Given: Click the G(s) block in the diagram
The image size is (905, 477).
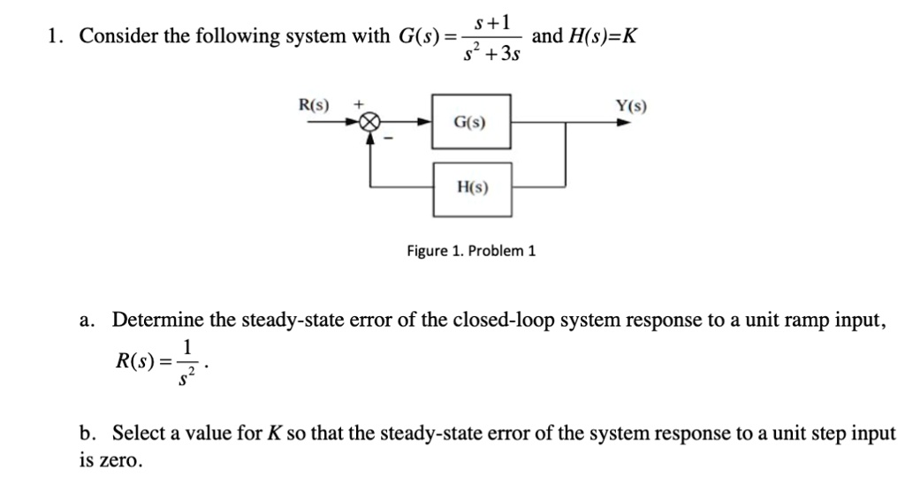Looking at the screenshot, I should [470, 123].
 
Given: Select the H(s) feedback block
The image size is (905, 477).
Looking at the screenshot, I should [471, 188].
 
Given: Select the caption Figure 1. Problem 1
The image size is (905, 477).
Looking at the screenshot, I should [471, 251].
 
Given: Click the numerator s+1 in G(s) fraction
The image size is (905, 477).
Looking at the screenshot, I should [490, 19].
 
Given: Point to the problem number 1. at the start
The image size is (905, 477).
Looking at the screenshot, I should [57, 36].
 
